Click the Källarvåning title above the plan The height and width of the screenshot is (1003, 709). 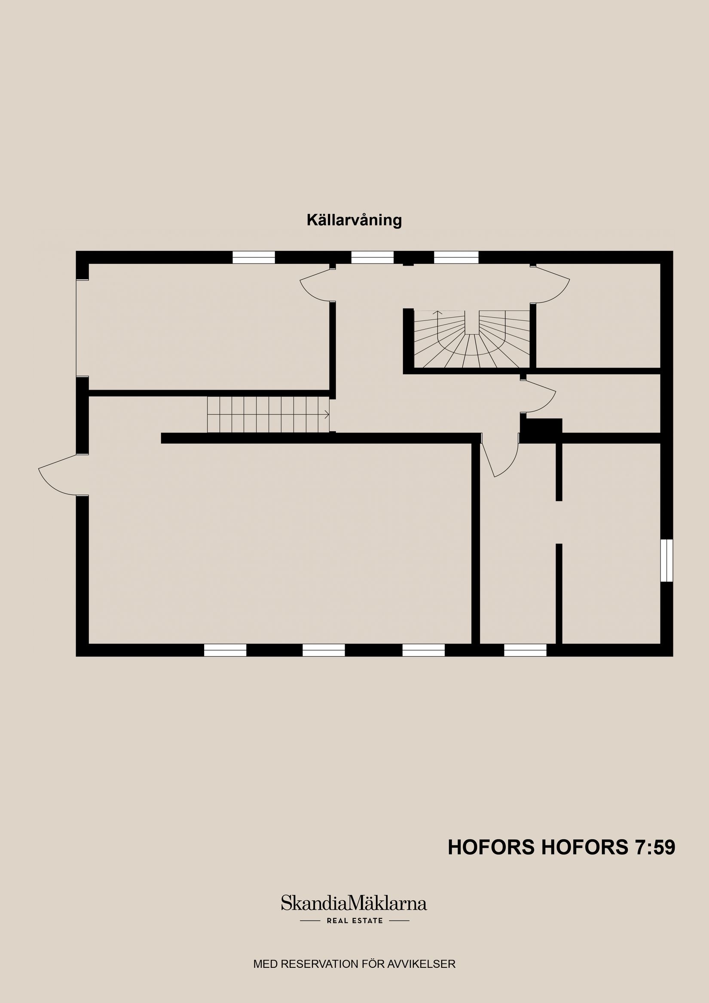[354, 220]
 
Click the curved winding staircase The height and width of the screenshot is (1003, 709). [472, 339]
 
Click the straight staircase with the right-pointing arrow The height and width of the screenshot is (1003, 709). [268, 414]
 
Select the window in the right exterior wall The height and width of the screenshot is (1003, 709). [666, 560]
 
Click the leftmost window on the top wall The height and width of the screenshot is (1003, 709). [254, 257]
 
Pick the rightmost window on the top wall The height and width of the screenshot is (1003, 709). [456, 257]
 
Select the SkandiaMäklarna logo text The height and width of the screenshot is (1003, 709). [354, 903]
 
